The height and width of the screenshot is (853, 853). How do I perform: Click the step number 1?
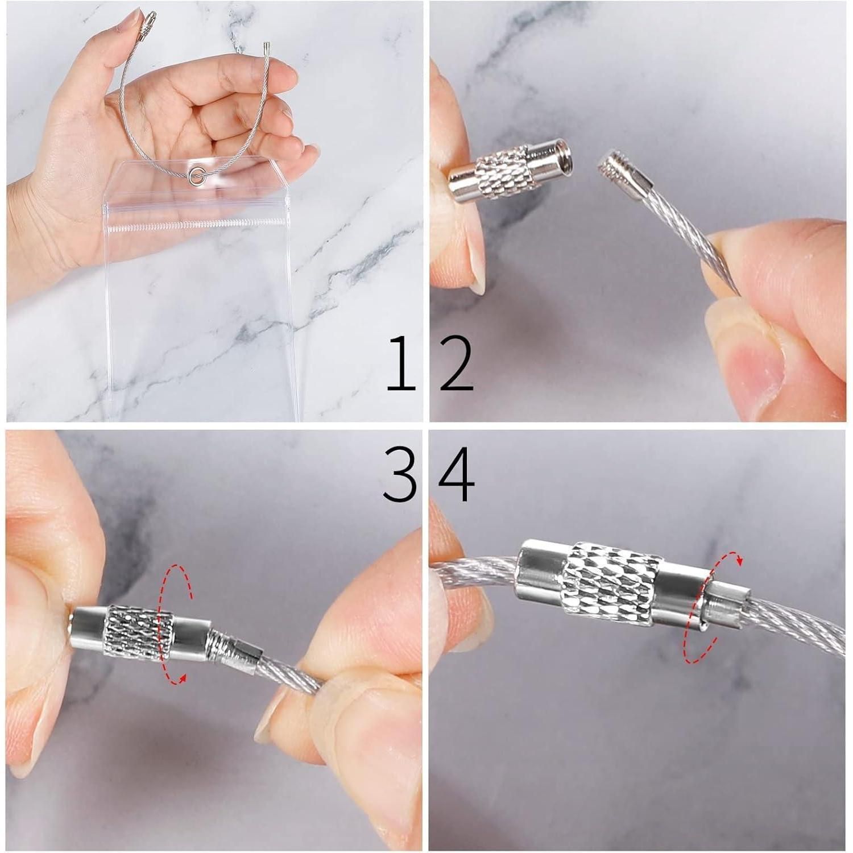[x=401, y=364]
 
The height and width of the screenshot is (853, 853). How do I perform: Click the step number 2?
[x=457, y=364]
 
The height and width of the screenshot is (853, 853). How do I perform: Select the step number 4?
[x=457, y=474]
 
